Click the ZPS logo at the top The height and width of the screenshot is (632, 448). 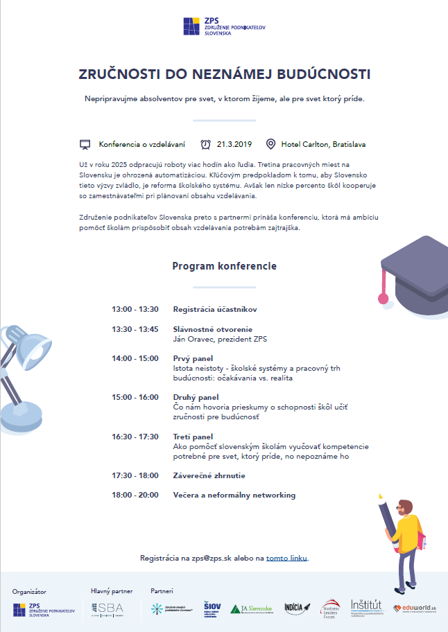(223, 26)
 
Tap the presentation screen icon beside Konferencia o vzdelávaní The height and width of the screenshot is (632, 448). (85, 145)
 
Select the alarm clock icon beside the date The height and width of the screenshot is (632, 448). (205, 144)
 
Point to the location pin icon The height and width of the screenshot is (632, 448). (270, 145)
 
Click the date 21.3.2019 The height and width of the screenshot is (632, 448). (234, 145)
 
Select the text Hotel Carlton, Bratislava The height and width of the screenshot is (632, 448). (323, 145)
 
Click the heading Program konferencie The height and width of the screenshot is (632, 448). (224, 266)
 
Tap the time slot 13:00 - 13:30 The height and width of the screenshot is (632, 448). (135, 309)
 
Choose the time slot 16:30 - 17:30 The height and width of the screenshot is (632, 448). (135, 437)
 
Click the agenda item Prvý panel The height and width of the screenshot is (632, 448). (193, 358)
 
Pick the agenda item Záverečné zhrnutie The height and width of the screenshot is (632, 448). (209, 476)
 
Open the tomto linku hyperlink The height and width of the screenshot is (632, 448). (286, 558)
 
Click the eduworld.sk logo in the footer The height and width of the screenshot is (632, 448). (415, 608)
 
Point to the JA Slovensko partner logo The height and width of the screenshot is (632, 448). (251, 609)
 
